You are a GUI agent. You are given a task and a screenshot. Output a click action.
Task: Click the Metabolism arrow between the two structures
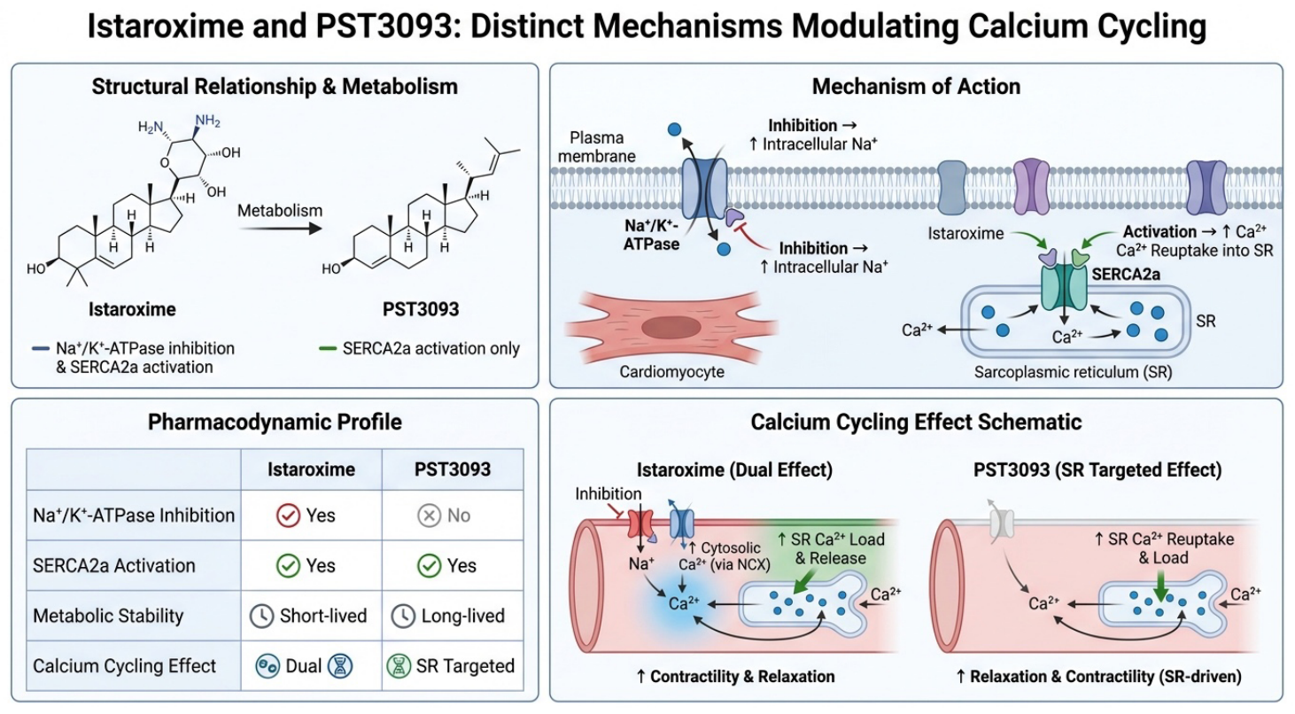click(x=280, y=229)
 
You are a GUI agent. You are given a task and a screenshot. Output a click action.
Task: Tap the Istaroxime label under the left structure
click(x=132, y=309)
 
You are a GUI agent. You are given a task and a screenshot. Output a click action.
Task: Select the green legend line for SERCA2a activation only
click(x=328, y=349)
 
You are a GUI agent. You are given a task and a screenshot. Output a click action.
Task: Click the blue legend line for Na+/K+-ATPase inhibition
click(x=41, y=349)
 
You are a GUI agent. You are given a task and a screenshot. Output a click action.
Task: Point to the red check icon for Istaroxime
click(x=288, y=515)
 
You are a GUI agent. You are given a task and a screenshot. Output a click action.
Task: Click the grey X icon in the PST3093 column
click(x=429, y=515)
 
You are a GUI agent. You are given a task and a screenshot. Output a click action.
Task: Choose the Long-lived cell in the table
click(x=452, y=616)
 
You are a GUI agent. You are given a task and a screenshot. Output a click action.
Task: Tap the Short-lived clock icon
click(x=261, y=616)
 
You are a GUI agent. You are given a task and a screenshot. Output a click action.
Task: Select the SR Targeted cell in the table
click(x=452, y=666)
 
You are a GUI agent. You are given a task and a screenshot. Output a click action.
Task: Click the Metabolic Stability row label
click(x=108, y=616)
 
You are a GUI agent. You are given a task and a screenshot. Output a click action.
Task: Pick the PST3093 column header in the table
click(x=453, y=470)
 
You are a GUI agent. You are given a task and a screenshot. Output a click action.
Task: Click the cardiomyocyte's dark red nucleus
click(x=671, y=327)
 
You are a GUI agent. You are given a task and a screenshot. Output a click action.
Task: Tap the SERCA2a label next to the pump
click(x=1126, y=274)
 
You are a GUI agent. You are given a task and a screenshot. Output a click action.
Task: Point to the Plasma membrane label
click(x=597, y=147)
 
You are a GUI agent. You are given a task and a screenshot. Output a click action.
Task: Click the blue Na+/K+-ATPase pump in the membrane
click(x=705, y=189)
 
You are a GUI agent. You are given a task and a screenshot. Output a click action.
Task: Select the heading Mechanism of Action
click(x=916, y=87)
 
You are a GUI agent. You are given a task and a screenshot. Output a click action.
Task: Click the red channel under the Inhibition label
click(x=640, y=524)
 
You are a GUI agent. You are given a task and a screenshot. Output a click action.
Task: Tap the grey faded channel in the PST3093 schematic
click(x=1002, y=524)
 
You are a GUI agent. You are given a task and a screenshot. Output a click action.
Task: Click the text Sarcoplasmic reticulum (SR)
click(x=1073, y=372)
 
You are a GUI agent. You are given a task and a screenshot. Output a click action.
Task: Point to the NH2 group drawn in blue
click(x=207, y=120)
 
